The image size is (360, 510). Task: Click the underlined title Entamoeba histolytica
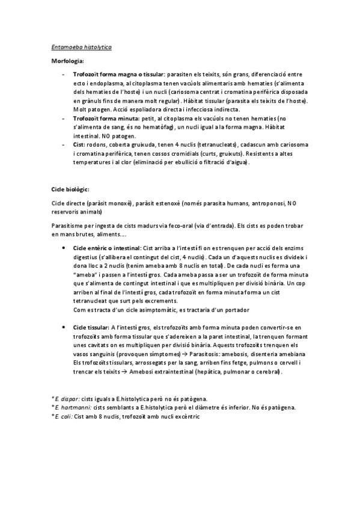(81, 46)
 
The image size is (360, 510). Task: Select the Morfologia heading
(67, 61)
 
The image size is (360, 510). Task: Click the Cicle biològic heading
(70, 189)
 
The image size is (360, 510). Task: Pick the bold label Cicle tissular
(91, 327)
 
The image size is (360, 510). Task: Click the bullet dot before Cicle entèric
(64, 248)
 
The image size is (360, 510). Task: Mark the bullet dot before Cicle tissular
(64, 327)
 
